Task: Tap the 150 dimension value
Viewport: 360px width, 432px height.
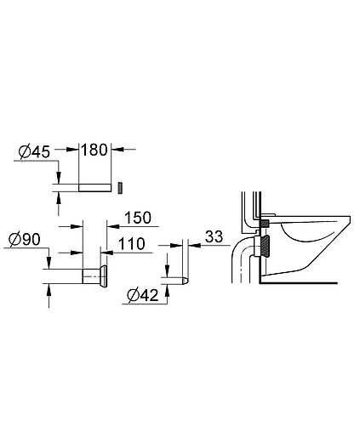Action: (x=136, y=219)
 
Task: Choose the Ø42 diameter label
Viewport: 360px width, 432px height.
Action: (x=141, y=297)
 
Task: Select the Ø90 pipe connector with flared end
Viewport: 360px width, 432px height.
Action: (x=91, y=276)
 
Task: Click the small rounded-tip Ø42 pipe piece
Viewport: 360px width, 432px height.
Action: (x=177, y=280)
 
